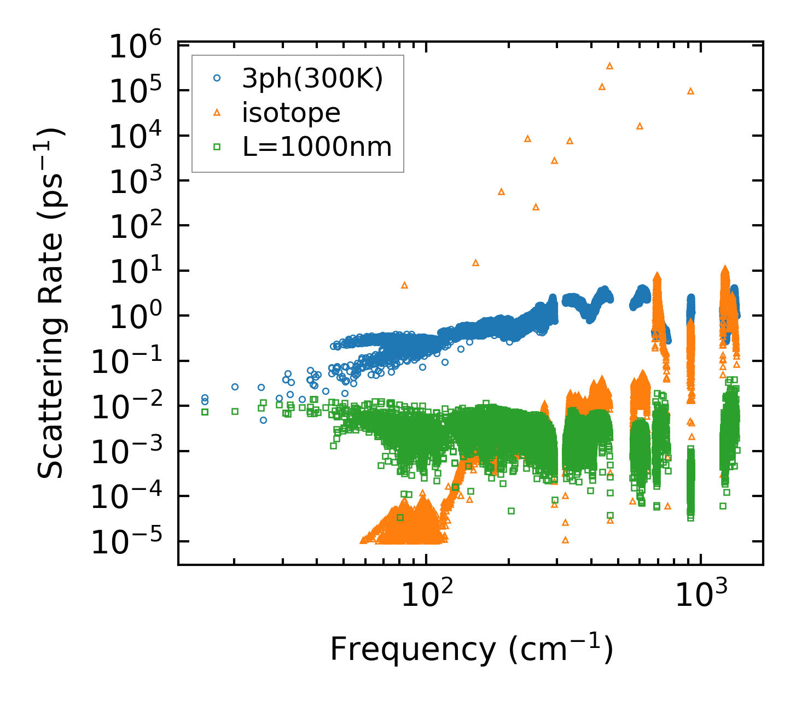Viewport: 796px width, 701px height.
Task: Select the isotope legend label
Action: coord(291,113)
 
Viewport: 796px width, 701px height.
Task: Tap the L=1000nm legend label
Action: coord(317,147)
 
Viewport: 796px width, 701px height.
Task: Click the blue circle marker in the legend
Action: coord(217,79)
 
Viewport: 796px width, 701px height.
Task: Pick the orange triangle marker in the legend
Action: coord(217,113)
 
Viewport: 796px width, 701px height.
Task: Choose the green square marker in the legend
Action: coord(217,147)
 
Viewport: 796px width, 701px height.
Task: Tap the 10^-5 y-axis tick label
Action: coord(130,543)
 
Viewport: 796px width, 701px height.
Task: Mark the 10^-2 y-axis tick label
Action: coord(130,407)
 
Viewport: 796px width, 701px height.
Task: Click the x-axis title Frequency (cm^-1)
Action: coord(471,650)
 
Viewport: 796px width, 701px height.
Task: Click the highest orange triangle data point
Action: coord(609,66)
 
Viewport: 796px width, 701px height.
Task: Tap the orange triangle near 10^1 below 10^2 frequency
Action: coord(404,285)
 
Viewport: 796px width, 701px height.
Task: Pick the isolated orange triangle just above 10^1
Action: coord(475,263)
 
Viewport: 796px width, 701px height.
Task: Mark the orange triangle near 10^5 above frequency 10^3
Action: coord(690,91)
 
